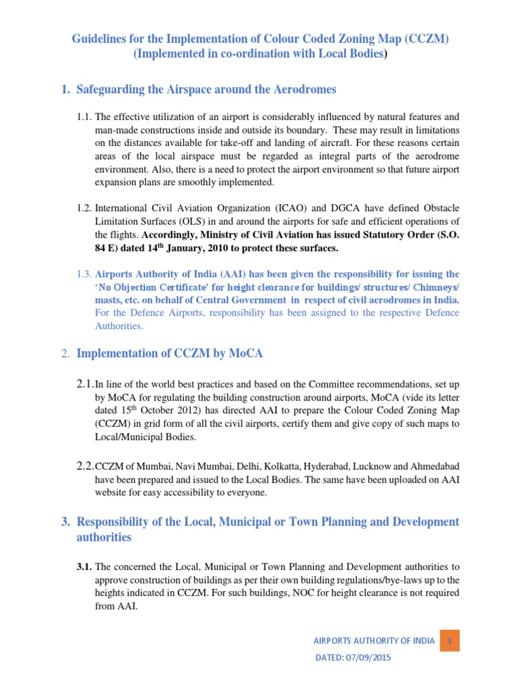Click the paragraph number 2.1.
point(85,384)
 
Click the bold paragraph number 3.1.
point(85,566)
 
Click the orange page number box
point(449,640)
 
